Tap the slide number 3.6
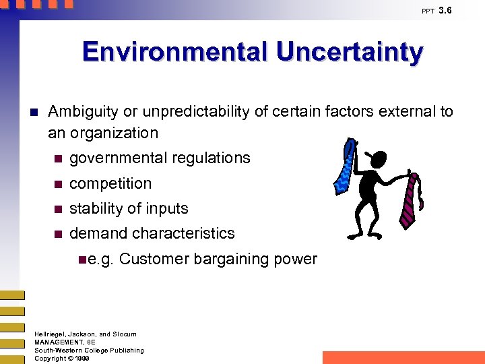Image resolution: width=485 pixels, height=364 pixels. pyautogui.click(x=445, y=10)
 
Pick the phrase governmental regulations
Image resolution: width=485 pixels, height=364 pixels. pyautogui.click(x=160, y=158)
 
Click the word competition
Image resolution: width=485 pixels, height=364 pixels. pyautogui.click(x=110, y=183)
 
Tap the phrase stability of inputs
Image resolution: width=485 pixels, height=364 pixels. pyautogui.click(x=129, y=208)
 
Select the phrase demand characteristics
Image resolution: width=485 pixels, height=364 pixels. pyautogui.click(x=152, y=233)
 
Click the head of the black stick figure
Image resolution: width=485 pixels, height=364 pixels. pyautogui.click(x=377, y=160)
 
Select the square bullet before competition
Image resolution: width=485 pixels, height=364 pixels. pyautogui.click(x=58, y=184)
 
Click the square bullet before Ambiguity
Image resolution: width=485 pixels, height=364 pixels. pyautogui.click(x=36, y=112)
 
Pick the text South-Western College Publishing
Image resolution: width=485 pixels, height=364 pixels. pyautogui.click(x=89, y=351)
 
